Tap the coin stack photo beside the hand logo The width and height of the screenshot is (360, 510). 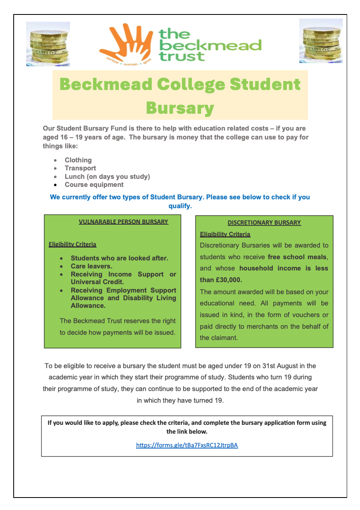click(x=48, y=44)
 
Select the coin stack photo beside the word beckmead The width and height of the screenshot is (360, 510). click(x=321, y=41)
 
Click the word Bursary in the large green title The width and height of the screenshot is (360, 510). click(x=180, y=108)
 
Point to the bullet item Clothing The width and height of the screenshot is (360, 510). click(x=78, y=160)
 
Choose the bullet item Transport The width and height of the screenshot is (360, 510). click(x=80, y=168)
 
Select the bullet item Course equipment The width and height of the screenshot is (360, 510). click(x=94, y=185)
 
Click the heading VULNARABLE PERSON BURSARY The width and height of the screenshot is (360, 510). click(x=123, y=222)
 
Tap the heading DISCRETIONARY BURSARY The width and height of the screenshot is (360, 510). click(x=264, y=222)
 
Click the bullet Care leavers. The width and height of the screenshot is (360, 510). click(x=91, y=266)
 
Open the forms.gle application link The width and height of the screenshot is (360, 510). click(x=187, y=445)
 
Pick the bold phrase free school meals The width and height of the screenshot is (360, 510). click(x=298, y=257)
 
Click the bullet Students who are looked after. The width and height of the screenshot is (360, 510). click(x=119, y=258)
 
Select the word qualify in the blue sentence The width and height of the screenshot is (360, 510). click(x=179, y=206)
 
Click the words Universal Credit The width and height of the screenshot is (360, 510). click(x=97, y=282)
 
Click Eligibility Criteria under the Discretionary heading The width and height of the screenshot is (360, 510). click(x=225, y=234)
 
